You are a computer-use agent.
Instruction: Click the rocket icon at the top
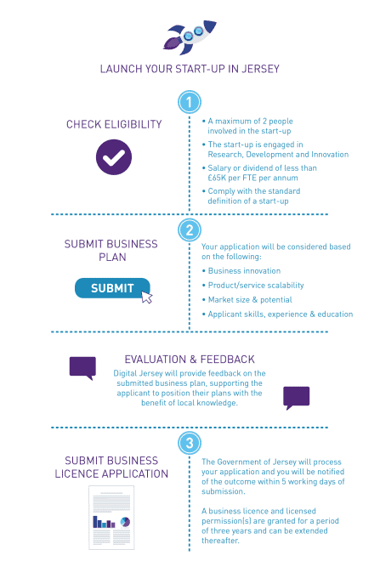190,37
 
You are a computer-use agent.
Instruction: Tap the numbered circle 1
190,102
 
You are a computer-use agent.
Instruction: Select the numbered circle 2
190,230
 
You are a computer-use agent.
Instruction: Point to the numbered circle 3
190,443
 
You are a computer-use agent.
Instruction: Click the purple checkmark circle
114,157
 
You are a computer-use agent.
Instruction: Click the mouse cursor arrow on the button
147,297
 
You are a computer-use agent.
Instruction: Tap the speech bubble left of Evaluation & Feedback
82,367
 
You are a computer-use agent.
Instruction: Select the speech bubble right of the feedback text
297,398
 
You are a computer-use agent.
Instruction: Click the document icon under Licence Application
111,518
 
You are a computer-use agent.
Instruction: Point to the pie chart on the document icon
125,522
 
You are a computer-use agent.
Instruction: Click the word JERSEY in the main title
261,69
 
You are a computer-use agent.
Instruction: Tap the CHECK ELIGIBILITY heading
114,124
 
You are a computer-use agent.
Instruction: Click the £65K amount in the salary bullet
217,178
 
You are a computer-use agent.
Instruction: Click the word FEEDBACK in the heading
228,360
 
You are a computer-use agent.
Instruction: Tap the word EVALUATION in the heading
156,360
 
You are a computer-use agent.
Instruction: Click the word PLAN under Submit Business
112,257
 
